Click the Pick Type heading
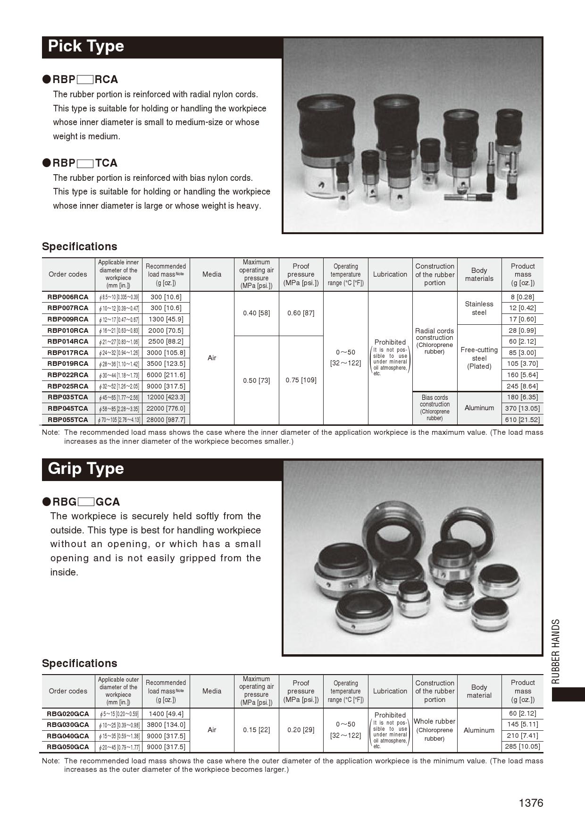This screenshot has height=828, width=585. (86, 46)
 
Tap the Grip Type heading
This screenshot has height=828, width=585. (86, 469)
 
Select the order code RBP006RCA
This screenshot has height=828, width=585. (68, 297)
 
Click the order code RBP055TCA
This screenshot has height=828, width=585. (68, 420)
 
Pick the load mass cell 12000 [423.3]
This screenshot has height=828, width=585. (166, 397)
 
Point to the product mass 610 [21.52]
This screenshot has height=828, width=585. (523, 420)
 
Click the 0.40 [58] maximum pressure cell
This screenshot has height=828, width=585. (256, 313)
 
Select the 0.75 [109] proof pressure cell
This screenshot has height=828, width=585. (301, 380)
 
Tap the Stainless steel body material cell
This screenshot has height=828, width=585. (479, 308)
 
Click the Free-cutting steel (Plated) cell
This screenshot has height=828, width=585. (479, 358)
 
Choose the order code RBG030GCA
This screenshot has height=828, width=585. (68, 725)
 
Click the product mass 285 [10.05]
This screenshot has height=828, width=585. (523, 747)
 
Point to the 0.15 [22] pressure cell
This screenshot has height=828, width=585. (256, 730)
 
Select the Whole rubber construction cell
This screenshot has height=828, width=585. (435, 730)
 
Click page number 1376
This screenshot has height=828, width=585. (531, 803)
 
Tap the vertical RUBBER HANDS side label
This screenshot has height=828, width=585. (556, 651)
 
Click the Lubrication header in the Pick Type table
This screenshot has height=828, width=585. (390, 274)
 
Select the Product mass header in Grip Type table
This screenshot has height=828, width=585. (523, 691)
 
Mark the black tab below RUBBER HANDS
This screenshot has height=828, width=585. (568, 694)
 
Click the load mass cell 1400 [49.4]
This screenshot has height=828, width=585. (166, 714)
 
